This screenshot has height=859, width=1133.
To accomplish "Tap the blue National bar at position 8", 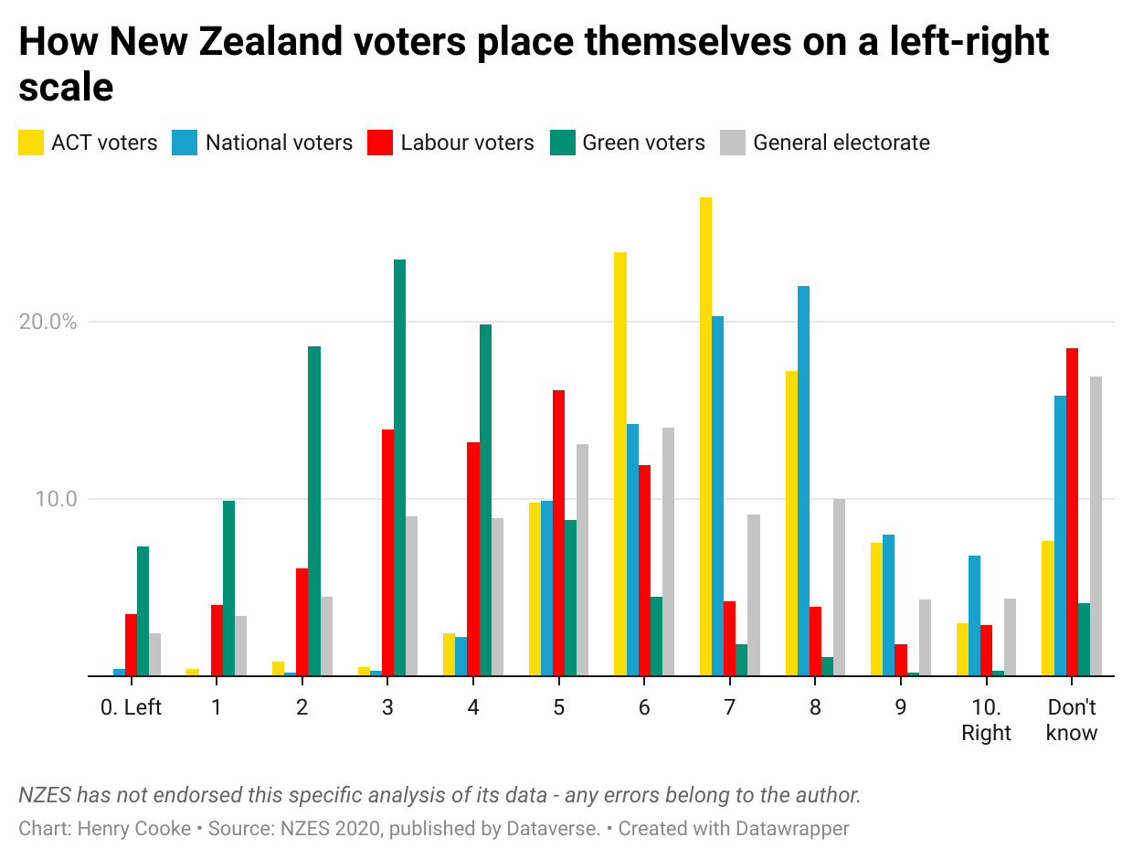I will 803,481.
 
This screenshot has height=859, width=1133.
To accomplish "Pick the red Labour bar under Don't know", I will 1072,512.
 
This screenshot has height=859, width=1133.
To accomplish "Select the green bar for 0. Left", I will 143,611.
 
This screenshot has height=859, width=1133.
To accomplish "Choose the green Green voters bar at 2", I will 314,511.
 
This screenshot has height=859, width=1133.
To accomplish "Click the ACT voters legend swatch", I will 31,143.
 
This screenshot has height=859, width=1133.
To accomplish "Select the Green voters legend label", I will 643,143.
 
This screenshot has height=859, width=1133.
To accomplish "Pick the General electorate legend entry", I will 841,143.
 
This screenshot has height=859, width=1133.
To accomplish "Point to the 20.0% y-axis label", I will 48,322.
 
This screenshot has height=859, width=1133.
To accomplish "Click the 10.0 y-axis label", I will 58,499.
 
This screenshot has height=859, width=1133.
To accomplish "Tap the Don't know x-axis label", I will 1072,720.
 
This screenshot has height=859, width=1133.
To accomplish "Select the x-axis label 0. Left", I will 131,708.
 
